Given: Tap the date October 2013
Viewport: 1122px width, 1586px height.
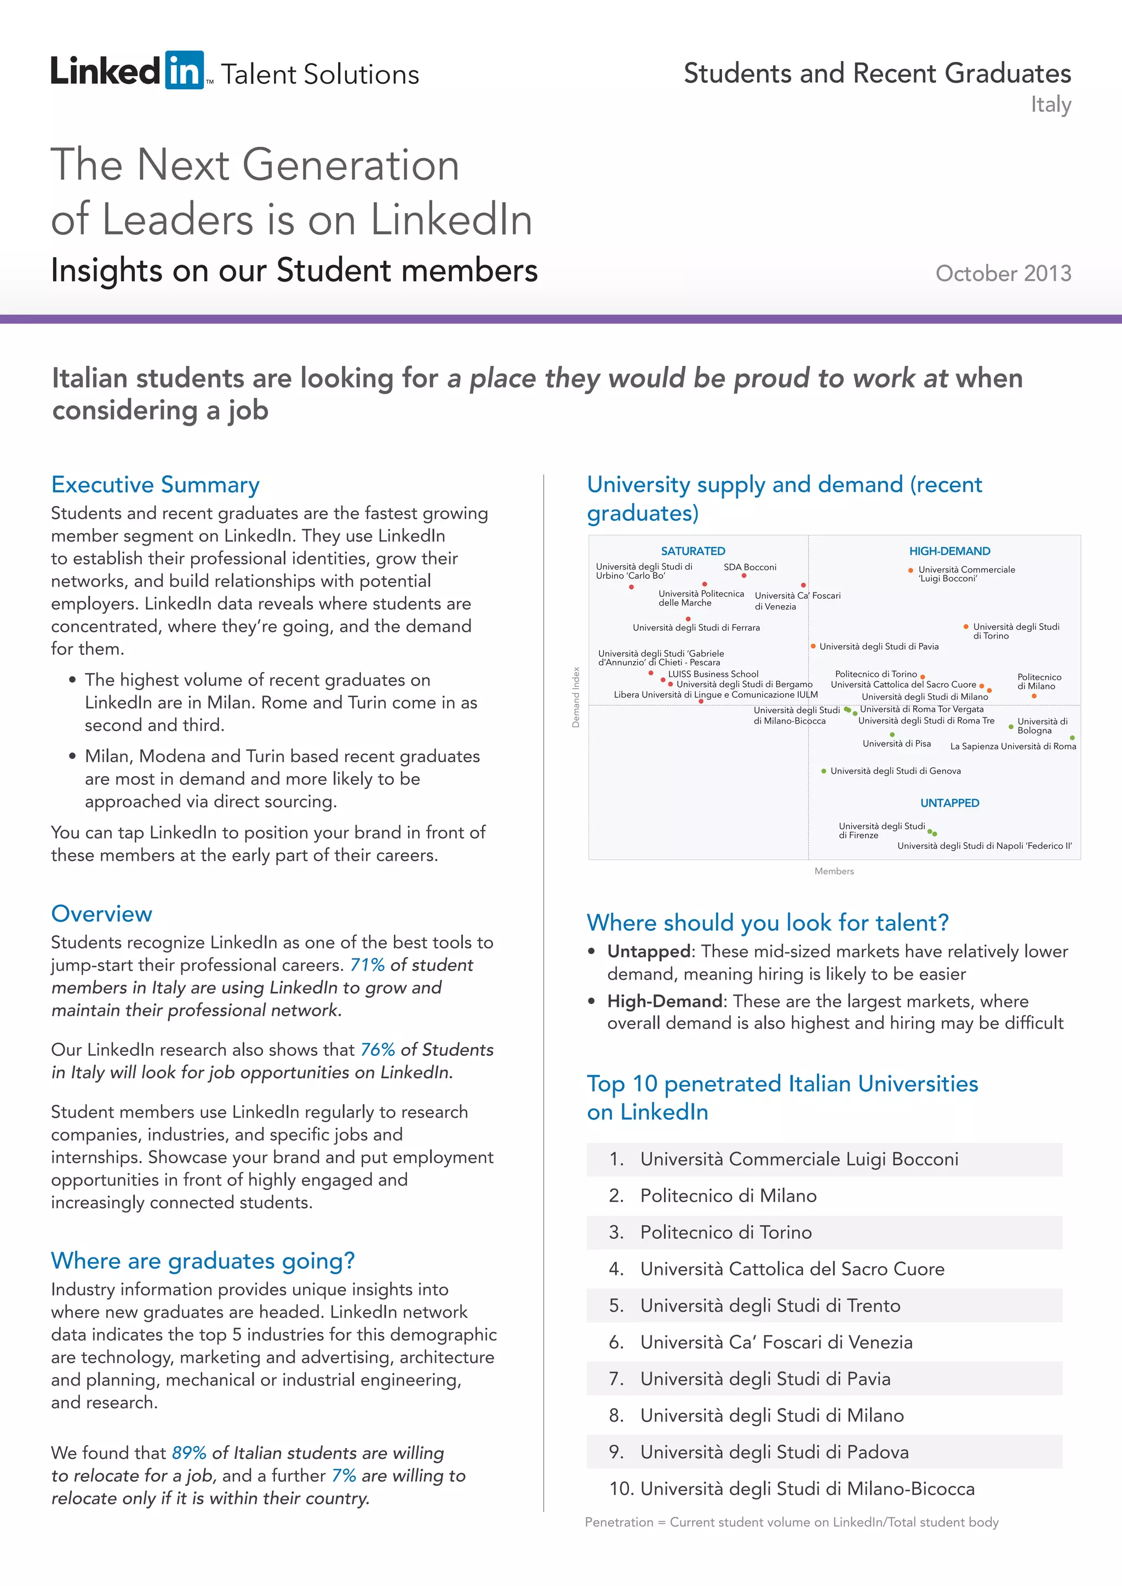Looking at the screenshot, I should pyautogui.click(x=1003, y=273).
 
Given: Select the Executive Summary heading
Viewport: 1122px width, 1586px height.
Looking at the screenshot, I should pyautogui.click(x=156, y=484).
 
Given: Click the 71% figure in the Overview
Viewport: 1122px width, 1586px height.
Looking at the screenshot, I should pyautogui.click(x=367, y=965).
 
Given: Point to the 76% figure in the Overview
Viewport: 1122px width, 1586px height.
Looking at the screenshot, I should pyautogui.click(x=377, y=1050).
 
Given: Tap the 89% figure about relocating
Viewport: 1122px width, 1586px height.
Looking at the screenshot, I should pyautogui.click(x=188, y=1453).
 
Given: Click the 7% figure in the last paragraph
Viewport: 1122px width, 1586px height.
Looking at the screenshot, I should pyautogui.click(x=344, y=1475).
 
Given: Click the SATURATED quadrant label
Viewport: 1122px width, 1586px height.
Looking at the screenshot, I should pyautogui.click(x=692, y=551).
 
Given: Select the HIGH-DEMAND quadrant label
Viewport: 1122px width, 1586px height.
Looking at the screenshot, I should pyautogui.click(x=949, y=551).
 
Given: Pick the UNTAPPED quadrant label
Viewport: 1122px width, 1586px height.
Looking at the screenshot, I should pyautogui.click(x=949, y=803).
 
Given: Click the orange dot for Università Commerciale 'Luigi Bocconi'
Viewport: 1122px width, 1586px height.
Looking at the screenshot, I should pyautogui.click(x=911, y=571).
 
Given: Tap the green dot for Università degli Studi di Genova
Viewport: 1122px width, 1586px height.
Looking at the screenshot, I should pyautogui.click(x=823, y=771).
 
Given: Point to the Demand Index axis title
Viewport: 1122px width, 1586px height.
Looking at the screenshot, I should pyautogui.click(x=575, y=697).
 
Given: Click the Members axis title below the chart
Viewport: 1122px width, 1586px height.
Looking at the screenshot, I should pyautogui.click(x=834, y=871).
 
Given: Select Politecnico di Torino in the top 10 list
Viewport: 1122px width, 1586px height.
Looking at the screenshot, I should pyautogui.click(x=725, y=1232).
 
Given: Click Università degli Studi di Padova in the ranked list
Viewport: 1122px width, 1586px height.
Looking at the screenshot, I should pyautogui.click(x=774, y=1452).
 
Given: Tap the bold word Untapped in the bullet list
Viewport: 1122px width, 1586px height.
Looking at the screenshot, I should pyautogui.click(x=648, y=951).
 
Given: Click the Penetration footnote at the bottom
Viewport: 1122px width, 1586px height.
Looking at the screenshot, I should pyautogui.click(x=791, y=1522).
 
